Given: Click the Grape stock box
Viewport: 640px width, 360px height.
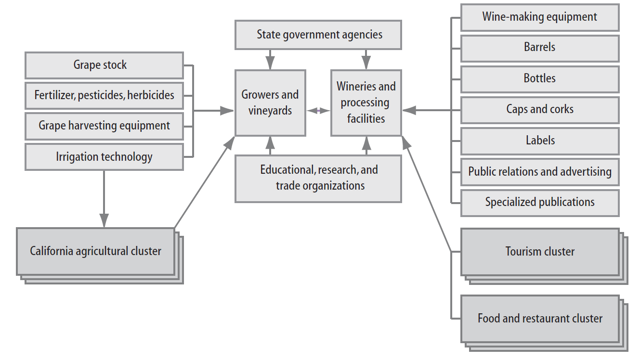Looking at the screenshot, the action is pos(104,65).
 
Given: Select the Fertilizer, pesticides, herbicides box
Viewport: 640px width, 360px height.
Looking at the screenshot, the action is pos(104,96).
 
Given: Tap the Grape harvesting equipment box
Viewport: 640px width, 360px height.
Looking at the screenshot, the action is pos(104,126).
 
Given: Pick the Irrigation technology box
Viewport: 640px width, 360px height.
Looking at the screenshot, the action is pos(104,157).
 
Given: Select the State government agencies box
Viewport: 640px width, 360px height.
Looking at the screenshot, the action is pos(318,35).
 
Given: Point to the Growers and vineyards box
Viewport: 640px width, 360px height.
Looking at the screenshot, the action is pos(270,103).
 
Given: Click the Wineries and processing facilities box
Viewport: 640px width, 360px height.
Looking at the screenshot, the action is pos(366,103).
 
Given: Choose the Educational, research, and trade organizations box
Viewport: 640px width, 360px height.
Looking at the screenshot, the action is pos(318,179).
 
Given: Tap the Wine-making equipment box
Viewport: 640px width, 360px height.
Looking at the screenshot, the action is pos(540,17).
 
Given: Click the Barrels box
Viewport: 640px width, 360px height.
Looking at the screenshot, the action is pos(540,48).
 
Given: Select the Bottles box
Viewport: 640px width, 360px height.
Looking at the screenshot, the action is pos(540,79).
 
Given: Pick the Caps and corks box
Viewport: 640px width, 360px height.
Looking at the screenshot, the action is pos(540,110).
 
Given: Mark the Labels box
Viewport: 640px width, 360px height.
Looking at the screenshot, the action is pos(540,141).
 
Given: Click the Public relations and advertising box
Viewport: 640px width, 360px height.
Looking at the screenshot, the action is pos(540,172).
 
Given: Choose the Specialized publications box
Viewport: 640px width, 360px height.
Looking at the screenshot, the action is pos(540,203).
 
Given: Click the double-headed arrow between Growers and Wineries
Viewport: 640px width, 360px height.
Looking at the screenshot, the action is pos(318,111).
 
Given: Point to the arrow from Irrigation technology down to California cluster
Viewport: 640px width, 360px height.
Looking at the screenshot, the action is pos(104,199).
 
